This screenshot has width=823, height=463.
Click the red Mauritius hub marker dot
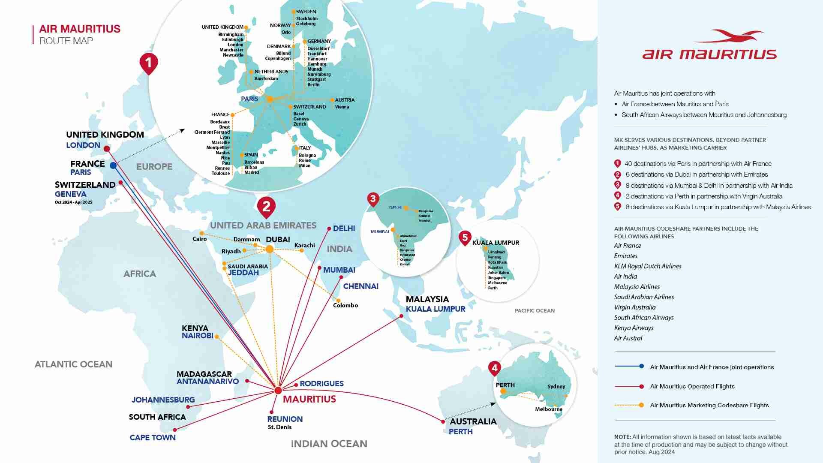[x=278, y=390]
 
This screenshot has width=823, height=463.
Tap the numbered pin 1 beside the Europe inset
[x=148, y=63]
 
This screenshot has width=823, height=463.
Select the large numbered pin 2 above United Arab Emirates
[x=266, y=207]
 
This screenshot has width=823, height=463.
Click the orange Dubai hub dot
[x=269, y=249]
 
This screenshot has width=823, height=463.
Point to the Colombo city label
[x=345, y=305]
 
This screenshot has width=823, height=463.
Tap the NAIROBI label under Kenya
[x=197, y=336]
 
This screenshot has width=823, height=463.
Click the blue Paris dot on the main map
[x=113, y=165]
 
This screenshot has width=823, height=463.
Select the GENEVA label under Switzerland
[x=70, y=194]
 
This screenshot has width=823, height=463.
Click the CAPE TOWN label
[x=153, y=437]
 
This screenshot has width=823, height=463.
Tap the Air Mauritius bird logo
[x=729, y=36]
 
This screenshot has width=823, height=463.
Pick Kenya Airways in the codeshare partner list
[x=634, y=328]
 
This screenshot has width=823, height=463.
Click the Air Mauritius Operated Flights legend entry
[x=692, y=386]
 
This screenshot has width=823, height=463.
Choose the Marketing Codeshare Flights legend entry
[x=709, y=405]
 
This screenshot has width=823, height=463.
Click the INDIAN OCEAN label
[x=329, y=444]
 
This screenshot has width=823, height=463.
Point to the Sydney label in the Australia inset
[x=556, y=386]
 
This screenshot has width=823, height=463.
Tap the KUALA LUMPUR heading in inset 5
[x=496, y=243]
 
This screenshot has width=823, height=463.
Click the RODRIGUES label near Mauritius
[x=321, y=384]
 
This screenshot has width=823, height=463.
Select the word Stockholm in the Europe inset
[x=307, y=18]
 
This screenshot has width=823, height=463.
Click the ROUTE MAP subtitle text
[x=66, y=41]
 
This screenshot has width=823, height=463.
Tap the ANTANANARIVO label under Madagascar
[x=207, y=381]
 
